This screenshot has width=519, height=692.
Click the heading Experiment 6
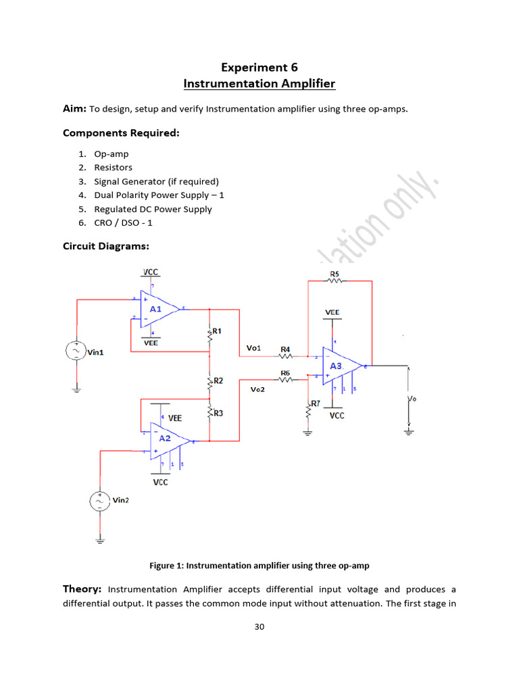259,68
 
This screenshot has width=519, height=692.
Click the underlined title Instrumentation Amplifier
259,84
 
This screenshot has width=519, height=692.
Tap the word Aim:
74,109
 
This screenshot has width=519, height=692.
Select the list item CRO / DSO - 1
132,223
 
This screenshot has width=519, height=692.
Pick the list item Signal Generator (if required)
161,181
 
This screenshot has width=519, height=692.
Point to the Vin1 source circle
76,351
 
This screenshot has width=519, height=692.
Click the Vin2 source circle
99,501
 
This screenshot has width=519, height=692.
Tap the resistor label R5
335,274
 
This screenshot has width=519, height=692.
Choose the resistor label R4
285,349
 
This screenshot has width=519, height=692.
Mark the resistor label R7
316,403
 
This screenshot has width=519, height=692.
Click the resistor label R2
218,381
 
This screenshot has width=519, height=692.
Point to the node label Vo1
253,348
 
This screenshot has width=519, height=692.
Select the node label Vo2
257,390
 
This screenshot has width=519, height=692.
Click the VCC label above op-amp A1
150,272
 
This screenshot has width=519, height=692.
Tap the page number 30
259,626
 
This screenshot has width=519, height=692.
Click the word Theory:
82,589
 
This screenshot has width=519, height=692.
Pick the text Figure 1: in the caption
167,565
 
